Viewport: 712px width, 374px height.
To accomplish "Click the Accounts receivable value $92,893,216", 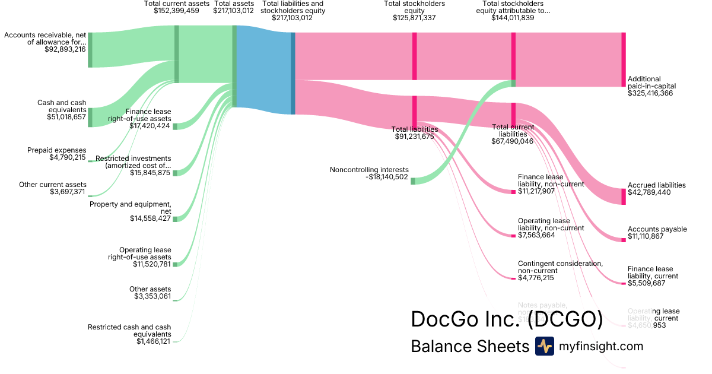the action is click(65, 50).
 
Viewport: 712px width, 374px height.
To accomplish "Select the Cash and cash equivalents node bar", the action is click(90, 118).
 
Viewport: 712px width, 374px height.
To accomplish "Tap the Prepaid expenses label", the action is click(56, 150).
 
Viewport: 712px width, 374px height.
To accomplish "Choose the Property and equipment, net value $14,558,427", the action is click(150, 218).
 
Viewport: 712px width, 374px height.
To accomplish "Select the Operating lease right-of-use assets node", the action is click(175, 264).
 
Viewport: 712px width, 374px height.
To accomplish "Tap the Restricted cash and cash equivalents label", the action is click(129, 331).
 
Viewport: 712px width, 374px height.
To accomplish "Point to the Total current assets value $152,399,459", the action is click(177, 11).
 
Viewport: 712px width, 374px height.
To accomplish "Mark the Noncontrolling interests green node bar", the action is click(413, 180).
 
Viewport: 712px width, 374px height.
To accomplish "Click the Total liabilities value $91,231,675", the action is click(414, 137).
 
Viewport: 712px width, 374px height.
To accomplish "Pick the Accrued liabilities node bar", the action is click(624, 196).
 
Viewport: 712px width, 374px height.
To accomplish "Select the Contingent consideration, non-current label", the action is click(560, 267).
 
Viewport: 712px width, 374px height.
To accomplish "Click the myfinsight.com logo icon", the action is click(544, 346).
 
